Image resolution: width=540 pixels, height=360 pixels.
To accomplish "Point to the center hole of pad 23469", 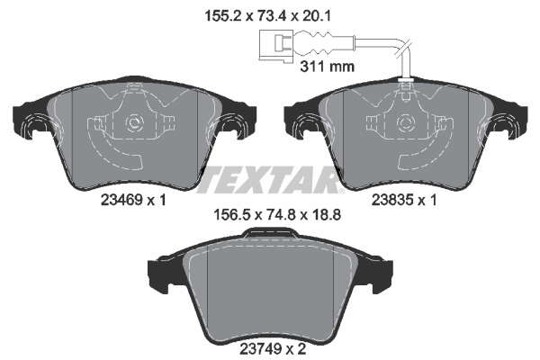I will coord(135,122).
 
